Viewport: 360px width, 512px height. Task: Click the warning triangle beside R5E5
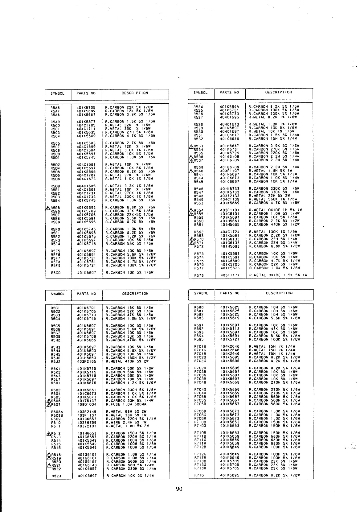(47, 208)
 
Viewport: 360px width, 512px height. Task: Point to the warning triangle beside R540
(191, 171)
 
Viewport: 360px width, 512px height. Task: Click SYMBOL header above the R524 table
(200, 93)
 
